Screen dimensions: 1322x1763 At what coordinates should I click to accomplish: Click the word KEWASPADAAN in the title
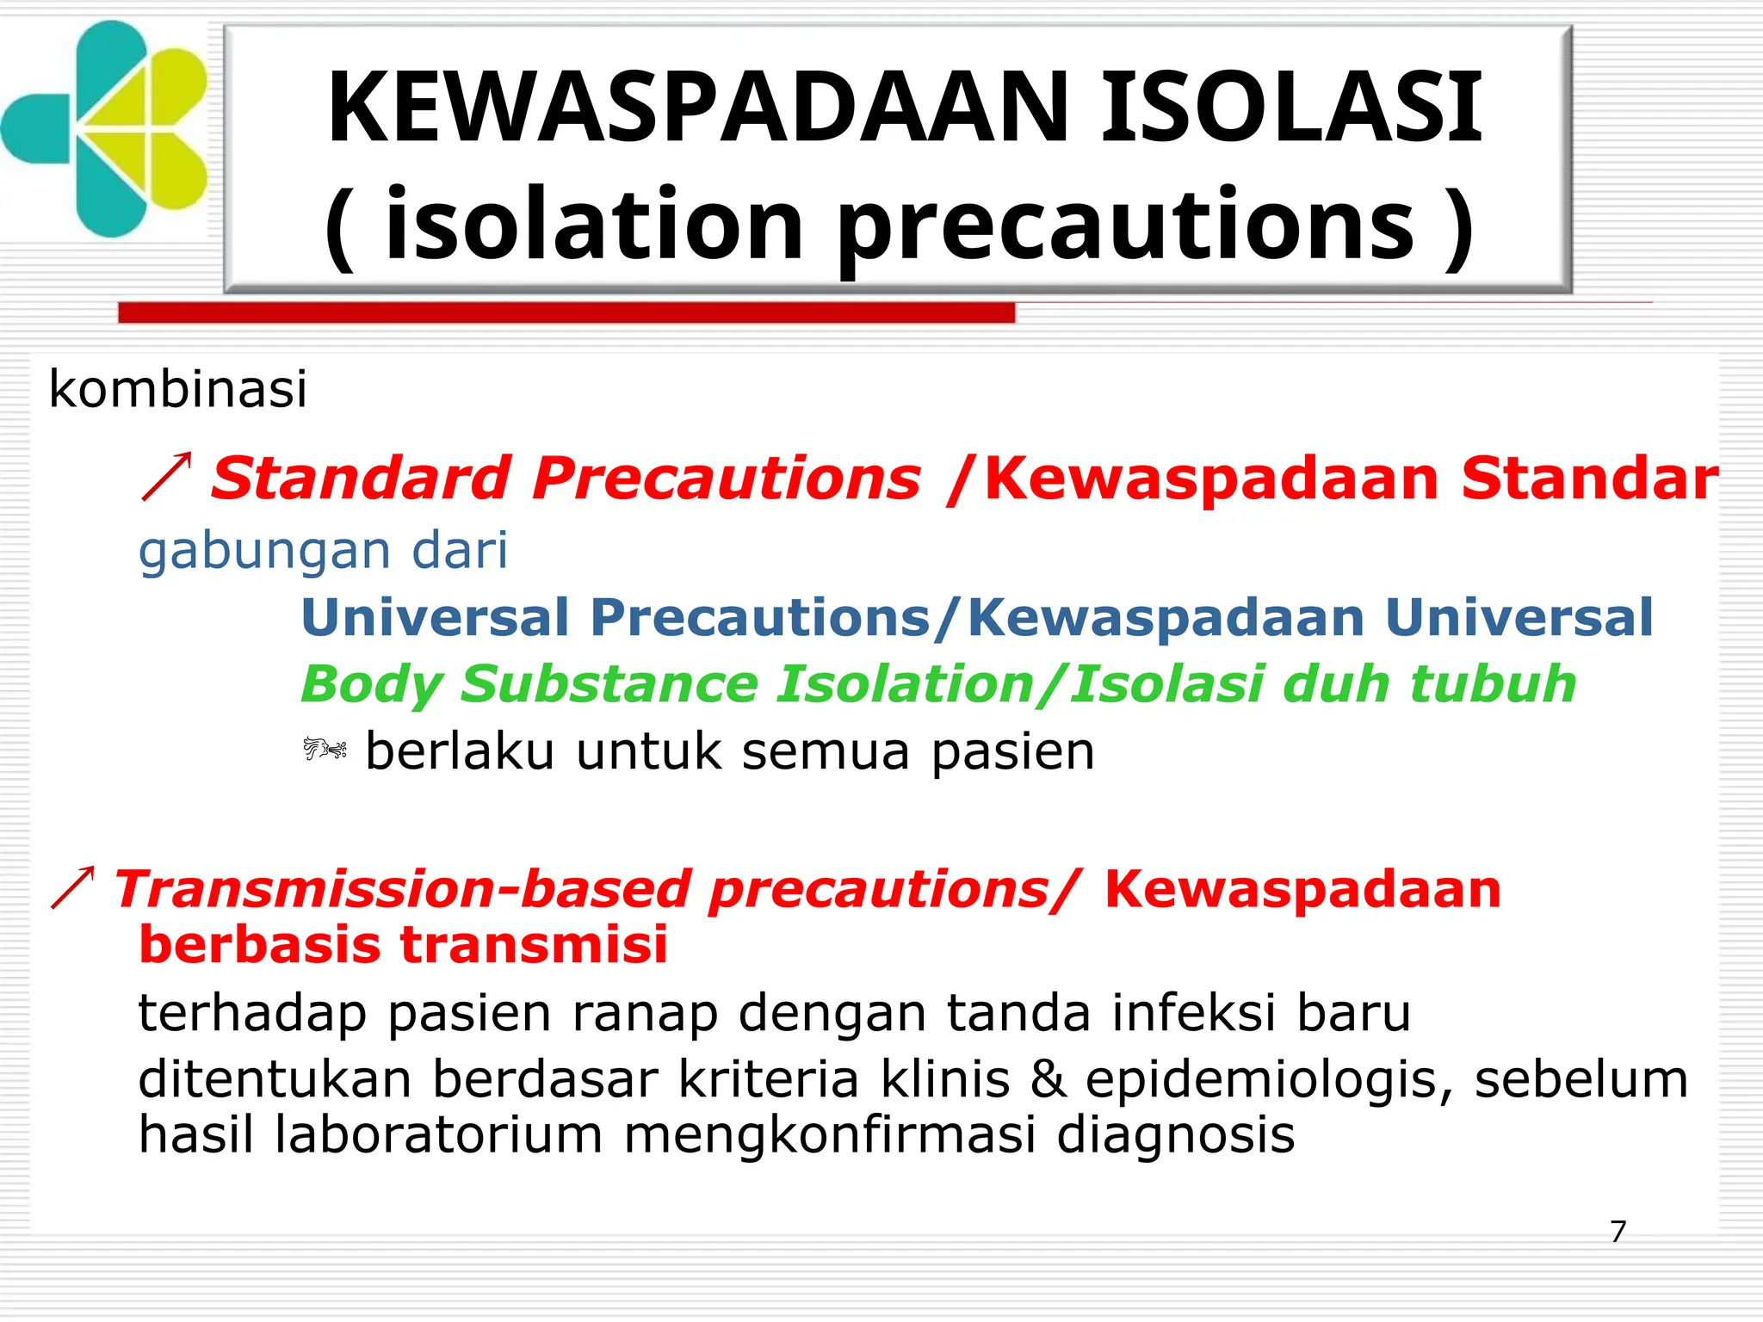point(697,108)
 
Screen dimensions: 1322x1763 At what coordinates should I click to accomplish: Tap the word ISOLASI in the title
point(1291,108)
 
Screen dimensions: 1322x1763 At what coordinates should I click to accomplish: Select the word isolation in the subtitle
point(594,225)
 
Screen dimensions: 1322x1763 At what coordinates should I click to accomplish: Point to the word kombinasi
point(177,389)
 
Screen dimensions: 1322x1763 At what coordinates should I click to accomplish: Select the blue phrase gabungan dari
point(323,551)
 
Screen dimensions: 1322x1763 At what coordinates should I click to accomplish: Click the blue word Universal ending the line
point(1519,617)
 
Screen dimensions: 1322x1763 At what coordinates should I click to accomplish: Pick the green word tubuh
point(1493,684)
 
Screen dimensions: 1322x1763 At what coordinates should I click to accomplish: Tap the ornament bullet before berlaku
point(325,750)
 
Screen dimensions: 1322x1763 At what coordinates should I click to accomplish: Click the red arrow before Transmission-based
point(73,887)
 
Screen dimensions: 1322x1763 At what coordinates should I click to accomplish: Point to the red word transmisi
point(534,944)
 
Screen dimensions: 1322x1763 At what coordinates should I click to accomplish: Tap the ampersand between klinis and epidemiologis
point(1048,1079)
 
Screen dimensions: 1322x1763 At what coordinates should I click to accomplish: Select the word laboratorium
point(438,1134)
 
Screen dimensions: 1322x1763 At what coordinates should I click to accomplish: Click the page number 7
point(1618,1232)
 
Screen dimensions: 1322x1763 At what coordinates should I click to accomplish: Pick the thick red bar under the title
point(566,312)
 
